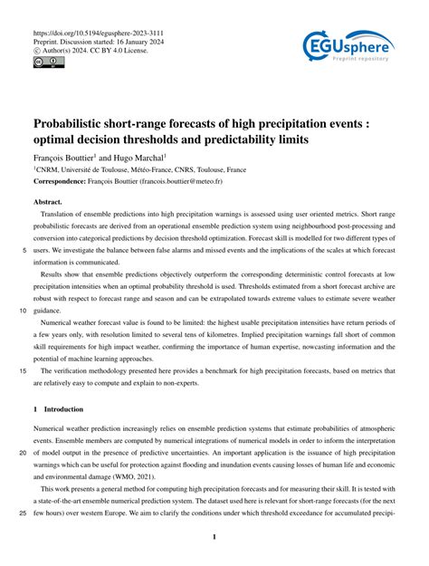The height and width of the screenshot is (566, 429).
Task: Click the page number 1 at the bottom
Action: [214, 537]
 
